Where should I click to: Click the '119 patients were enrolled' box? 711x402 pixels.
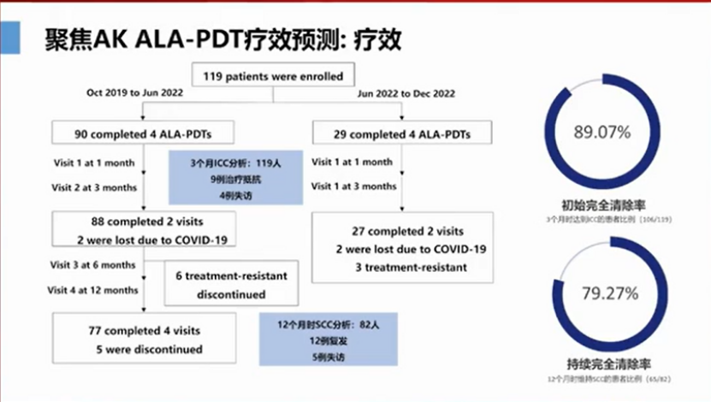coord(273,76)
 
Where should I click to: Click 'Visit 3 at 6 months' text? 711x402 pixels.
coord(92,265)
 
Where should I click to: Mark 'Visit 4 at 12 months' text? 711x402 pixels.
coord(94,290)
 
